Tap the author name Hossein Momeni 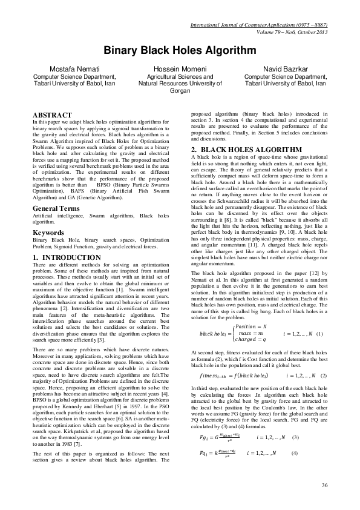[x=180, y=70]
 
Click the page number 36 [x=324, y=485]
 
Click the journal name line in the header [x=258, y=25]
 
